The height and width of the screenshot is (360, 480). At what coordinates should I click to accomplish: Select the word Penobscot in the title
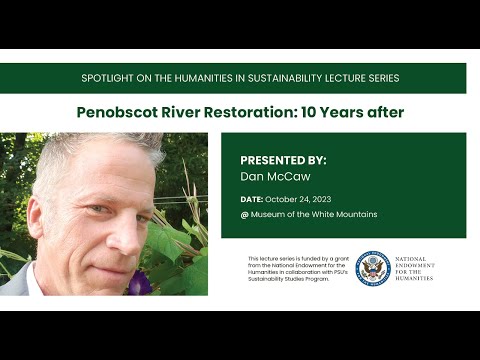pos(117,112)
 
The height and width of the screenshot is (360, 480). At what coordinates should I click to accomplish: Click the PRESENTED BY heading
pos(283,160)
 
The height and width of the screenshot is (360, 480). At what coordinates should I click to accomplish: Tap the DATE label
pos(251,199)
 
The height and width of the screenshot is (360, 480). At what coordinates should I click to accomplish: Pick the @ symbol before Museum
pos(244,215)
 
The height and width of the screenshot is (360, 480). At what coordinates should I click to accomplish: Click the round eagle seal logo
pos(372,268)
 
